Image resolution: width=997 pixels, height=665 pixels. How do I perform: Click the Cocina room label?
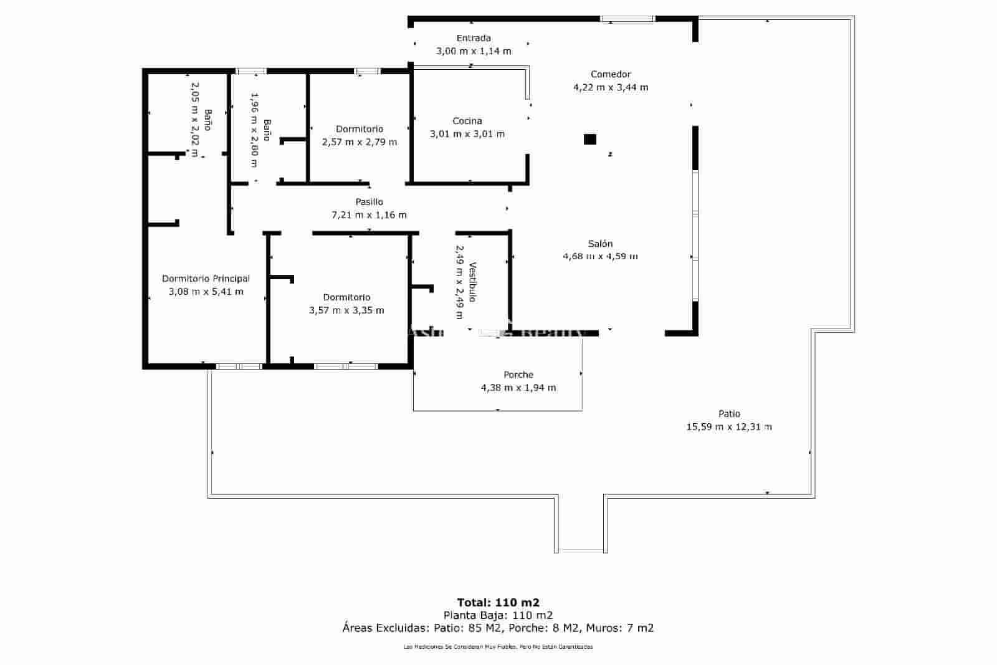click(467, 121)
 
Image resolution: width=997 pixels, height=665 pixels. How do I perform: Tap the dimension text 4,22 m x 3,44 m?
click(611, 87)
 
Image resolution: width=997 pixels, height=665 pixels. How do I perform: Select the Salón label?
click(600, 244)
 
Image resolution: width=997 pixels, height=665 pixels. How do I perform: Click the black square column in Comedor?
click(589, 139)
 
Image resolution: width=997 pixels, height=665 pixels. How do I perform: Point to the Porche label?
click(518, 375)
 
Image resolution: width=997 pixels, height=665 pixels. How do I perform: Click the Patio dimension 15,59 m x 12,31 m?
click(728, 427)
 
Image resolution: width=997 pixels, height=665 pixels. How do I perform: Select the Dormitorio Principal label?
click(206, 279)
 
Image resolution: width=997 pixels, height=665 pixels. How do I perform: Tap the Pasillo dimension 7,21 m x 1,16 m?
click(369, 215)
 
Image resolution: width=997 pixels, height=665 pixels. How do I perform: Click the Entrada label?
click(474, 38)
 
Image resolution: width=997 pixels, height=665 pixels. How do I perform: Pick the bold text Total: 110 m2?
click(498, 603)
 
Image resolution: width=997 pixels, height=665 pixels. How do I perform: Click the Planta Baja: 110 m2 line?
click(498, 615)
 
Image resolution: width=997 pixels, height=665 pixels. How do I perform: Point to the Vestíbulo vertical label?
click(473, 282)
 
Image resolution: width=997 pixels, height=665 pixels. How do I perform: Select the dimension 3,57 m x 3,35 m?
click(346, 310)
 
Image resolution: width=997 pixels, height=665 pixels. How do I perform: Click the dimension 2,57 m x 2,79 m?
click(360, 142)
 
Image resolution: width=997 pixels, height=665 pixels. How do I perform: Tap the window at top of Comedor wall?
click(627, 19)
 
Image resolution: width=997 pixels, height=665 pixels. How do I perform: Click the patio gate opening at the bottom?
click(581, 550)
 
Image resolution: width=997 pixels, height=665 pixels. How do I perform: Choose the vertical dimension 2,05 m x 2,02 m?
click(194, 118)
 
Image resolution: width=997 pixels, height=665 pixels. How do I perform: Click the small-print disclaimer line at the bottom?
click(498, 647)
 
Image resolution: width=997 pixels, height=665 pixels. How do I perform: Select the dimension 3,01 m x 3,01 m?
click(467, 134)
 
